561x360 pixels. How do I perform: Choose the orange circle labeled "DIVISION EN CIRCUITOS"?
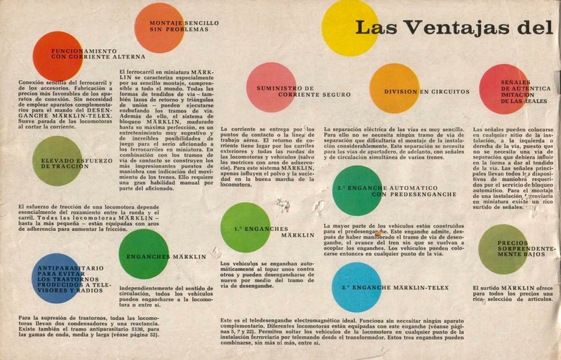click(x=394, y=88)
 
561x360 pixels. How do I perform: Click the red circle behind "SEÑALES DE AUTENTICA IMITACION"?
click(x=503, y=88)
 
